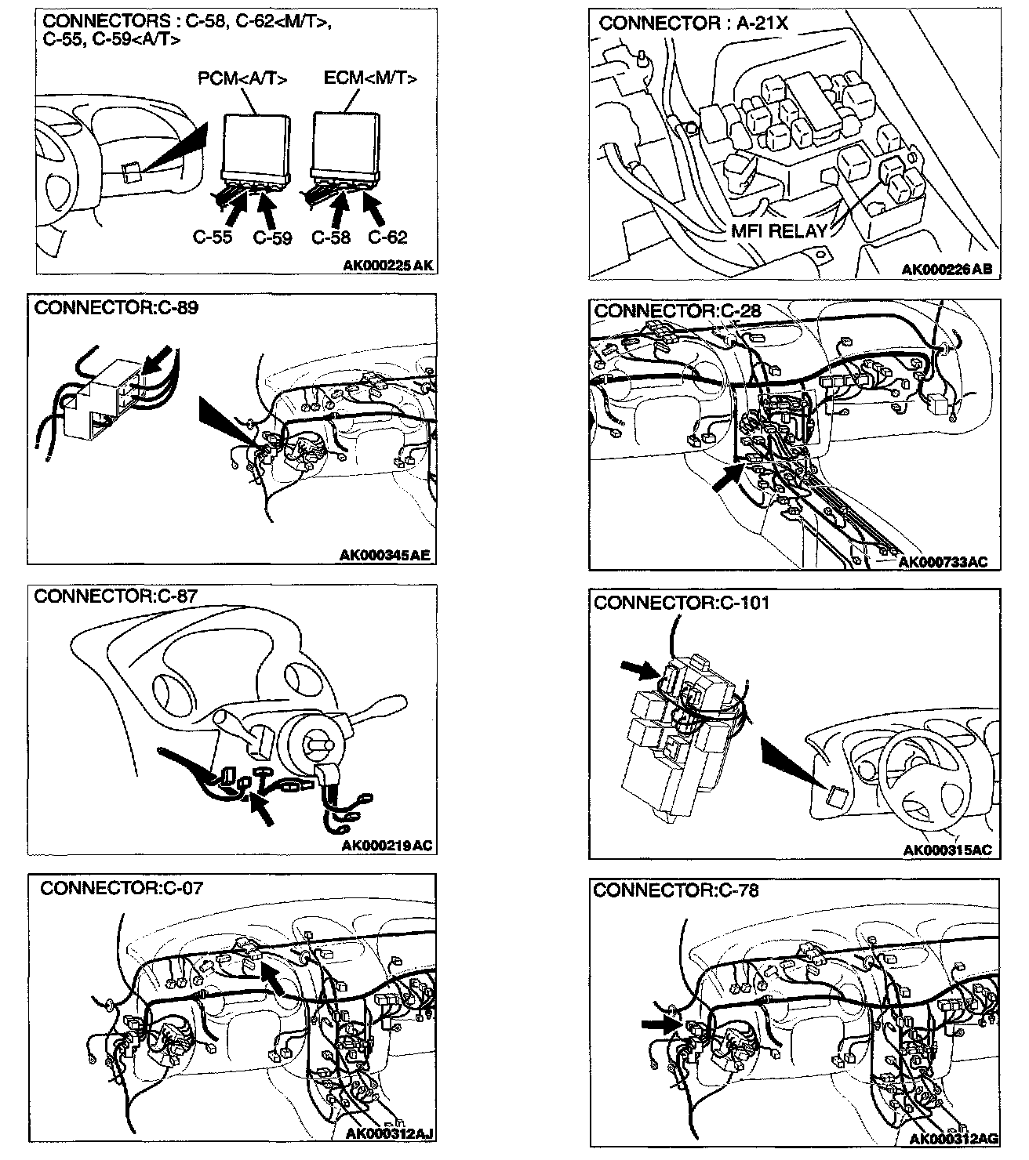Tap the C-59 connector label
pos(272,237)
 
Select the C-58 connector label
pos(331,237)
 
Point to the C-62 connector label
pos(387,237)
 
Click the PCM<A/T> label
pos(242,79)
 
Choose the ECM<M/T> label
pos(370,78)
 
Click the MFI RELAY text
pos(779,230)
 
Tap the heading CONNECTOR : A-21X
pos(693,24)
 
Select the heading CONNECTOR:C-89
pos(117,307)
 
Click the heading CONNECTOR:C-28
pos(678,311)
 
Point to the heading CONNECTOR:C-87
pos(116,596)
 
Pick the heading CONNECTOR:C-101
pos(682,603)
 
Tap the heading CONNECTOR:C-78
pos(676,890)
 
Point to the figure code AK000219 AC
pos(387,846)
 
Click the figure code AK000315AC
pos(947,850)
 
